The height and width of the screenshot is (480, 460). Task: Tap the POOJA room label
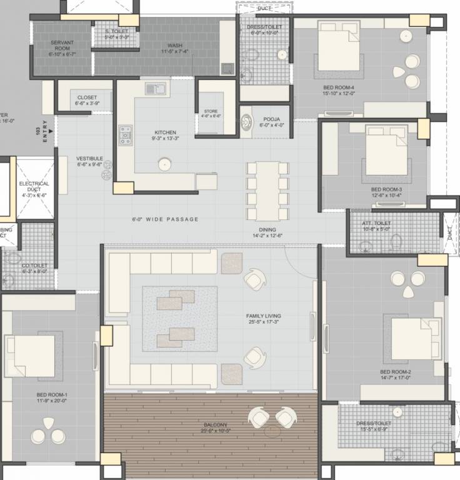271,119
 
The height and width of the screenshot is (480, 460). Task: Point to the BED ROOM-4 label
339,87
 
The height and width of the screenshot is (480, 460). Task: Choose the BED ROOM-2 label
396,372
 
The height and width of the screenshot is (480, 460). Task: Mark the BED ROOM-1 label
52,395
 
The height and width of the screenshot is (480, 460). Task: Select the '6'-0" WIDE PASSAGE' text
166,219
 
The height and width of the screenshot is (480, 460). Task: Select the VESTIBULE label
90,159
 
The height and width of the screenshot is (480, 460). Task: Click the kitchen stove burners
126,134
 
